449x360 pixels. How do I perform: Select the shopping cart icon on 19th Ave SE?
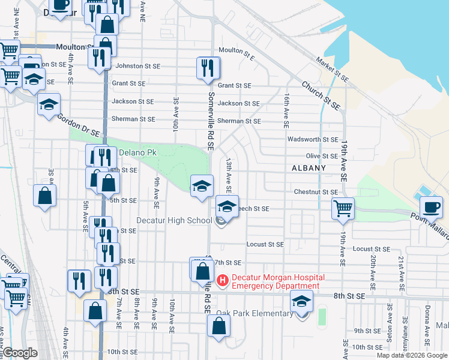click(343, 208)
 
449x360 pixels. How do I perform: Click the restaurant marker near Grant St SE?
click(208, 68)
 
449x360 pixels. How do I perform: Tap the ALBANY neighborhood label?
click(309, 168)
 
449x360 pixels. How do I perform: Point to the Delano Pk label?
click(138, 152)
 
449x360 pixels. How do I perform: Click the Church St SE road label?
click(321, 94)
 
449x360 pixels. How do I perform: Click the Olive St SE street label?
click(322, 155)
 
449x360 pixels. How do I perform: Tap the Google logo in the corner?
click(20, 353)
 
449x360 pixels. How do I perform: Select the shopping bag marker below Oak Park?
click(218, 327)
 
